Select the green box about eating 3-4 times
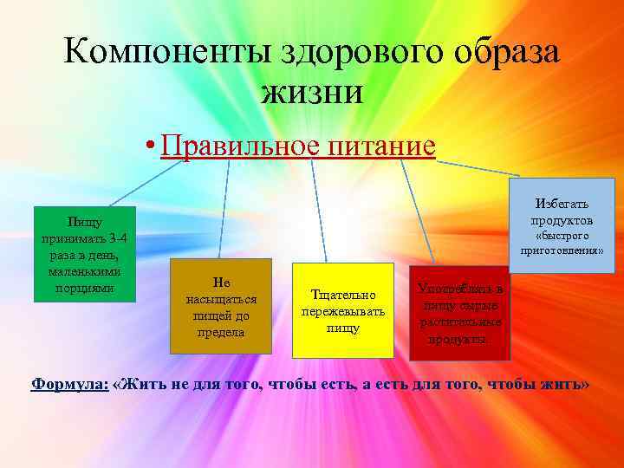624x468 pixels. point(84,254)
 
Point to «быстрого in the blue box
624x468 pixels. point(562,236)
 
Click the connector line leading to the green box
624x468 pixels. point(130,182)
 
